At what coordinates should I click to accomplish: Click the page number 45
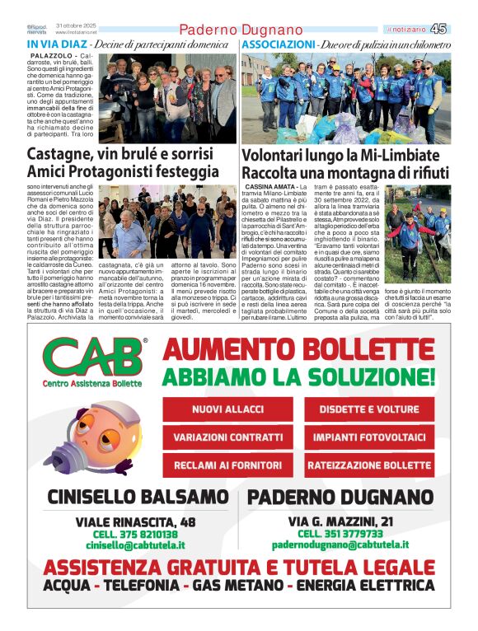[462, 29]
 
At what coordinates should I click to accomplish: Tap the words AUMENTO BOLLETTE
[299, 349]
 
